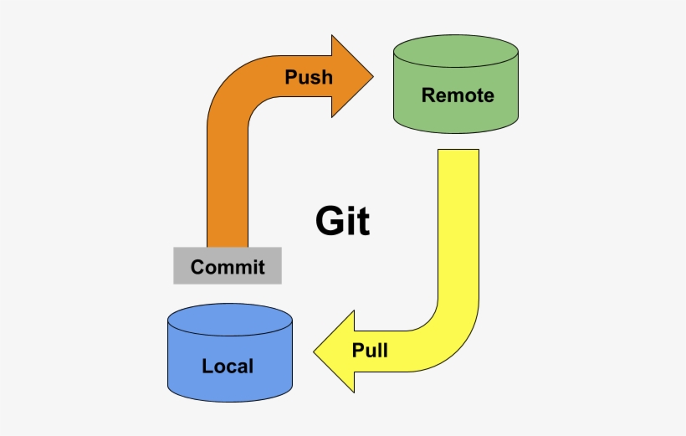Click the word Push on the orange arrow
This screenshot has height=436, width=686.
[309, 78]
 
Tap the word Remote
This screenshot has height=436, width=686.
[457, 95]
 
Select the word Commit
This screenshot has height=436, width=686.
[228, 267]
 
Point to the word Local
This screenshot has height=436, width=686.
[228, 366]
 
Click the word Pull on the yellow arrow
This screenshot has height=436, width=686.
[370, 350]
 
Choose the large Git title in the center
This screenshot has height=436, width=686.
[342, 222]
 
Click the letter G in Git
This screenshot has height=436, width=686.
[330, 222]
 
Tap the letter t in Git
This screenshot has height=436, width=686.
[362, 222]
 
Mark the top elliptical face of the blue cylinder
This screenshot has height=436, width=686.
[229, 320]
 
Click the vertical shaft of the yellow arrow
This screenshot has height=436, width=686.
[458, 226]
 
